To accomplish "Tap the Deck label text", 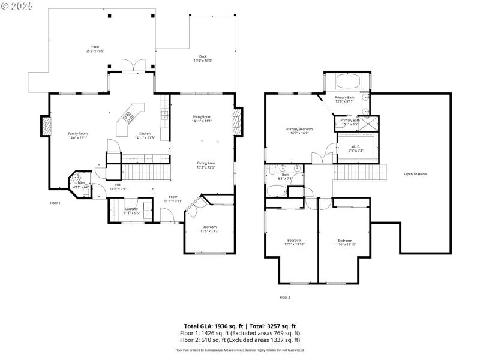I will pyautogui.click(x=203, y=57).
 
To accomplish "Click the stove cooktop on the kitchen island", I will pyautogui.click(x=128, y=118).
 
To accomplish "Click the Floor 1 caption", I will pyautogui.click(x=55, y=203).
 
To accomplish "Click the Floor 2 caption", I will pyautogui.click(x=284, y=297).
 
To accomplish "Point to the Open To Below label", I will pyautogui.click(x=415, y=174).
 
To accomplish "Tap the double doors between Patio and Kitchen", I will pyautogui.click(x=130, y=65).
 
